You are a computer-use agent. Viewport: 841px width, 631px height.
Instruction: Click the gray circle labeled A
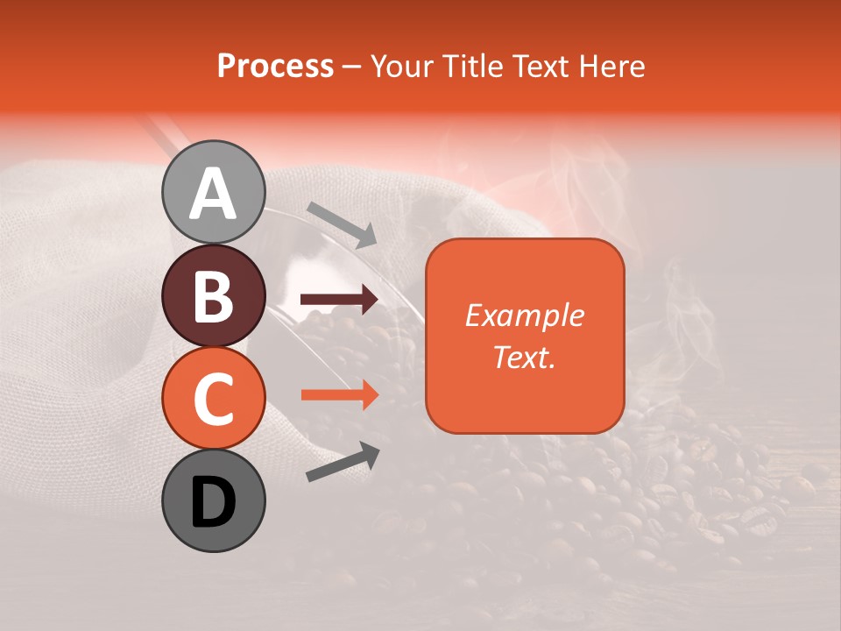tap(213, 192)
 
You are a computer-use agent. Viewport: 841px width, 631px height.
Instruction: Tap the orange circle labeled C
tap(213, 398)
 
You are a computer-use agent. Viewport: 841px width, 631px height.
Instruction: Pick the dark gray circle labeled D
tap(213, 500)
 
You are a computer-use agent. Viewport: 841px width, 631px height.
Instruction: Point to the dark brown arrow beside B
tap(339, 301)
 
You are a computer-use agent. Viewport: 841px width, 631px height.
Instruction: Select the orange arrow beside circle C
tap(339, 394)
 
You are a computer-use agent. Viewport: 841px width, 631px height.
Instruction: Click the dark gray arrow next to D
tap(343, 462)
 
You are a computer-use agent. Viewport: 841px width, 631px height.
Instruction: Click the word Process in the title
tap(275, 67)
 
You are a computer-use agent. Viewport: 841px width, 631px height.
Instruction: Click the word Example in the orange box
tap(524, 315)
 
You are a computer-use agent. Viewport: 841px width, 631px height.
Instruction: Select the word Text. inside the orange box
tap(524, 357)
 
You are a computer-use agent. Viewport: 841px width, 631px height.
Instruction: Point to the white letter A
tap(213, 194)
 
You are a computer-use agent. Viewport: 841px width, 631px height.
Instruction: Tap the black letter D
tap(213, 502)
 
